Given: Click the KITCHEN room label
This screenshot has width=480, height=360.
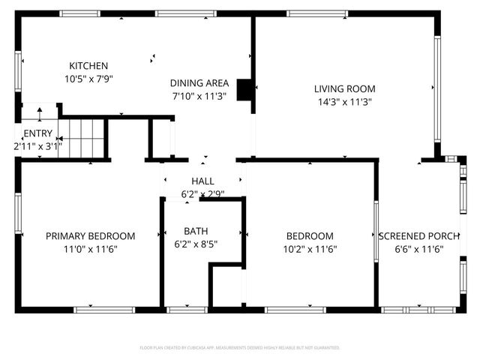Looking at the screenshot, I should pos(88,66).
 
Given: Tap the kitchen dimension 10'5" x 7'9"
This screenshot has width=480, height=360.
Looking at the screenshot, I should pos(88,78).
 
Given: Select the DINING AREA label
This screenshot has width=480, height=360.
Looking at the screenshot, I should pos(199,83).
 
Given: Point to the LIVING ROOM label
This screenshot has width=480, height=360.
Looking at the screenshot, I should pos(344,89).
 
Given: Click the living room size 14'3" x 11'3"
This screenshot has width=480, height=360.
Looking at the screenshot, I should pos(344,101).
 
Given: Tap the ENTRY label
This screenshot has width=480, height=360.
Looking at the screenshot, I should pos(37,133).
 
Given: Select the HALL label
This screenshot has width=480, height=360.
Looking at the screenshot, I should pos(202,181).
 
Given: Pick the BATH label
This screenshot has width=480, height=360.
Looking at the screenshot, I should pos(196,231).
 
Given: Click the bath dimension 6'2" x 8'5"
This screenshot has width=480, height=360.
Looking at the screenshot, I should pos(196,244).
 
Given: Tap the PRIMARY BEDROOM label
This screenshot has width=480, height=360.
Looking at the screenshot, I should pos(90,235).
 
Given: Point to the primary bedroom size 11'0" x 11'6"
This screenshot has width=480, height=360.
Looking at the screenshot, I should pos(90,248).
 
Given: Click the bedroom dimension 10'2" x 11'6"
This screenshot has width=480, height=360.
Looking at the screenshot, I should pos(309,248).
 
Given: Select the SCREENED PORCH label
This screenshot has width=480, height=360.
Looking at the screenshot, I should pos(418,235).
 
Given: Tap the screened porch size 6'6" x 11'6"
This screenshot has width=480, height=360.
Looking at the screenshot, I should pos(418,248).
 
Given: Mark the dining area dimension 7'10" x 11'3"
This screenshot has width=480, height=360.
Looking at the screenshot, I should pos(199,95).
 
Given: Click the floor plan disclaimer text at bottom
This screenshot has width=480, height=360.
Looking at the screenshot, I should pos(240,348).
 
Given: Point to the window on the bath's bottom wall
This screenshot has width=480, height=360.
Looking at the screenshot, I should pos(187,309).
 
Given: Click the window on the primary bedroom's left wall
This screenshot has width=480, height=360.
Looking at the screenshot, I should pos(17,214).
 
